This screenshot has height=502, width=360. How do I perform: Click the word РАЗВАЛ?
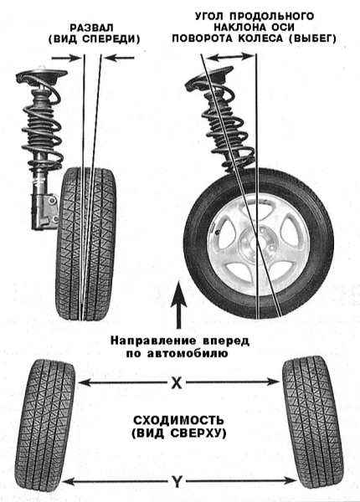[91, 28]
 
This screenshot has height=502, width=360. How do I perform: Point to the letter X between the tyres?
[176, 382]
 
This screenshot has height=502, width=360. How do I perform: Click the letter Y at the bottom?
[177, 482]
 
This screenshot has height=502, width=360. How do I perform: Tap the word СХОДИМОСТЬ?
[178, 420]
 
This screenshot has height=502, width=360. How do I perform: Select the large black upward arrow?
[178, 305]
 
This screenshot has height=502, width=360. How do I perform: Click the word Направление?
[152, 341]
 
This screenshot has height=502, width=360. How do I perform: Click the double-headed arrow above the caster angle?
[229, 57]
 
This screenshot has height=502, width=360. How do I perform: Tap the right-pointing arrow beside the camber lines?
[66, 58]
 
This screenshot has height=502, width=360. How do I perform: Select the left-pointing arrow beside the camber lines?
[120, 58]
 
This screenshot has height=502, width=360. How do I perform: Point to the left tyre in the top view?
[45, 420]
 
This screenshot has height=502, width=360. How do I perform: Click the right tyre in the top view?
[312, 420]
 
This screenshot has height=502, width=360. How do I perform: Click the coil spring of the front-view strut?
[42, 125]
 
